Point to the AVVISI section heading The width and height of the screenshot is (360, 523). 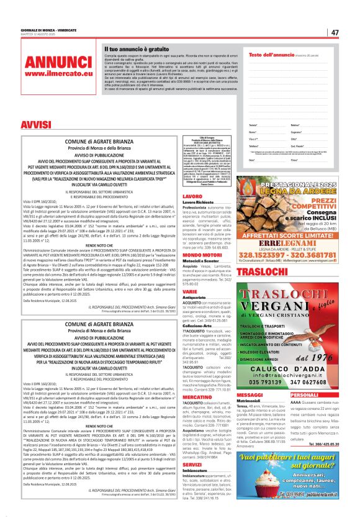(x=36, y=126)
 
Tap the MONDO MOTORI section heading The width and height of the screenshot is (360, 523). (x=202, y=254)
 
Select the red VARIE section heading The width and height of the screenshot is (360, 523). (x=190, y=291)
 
